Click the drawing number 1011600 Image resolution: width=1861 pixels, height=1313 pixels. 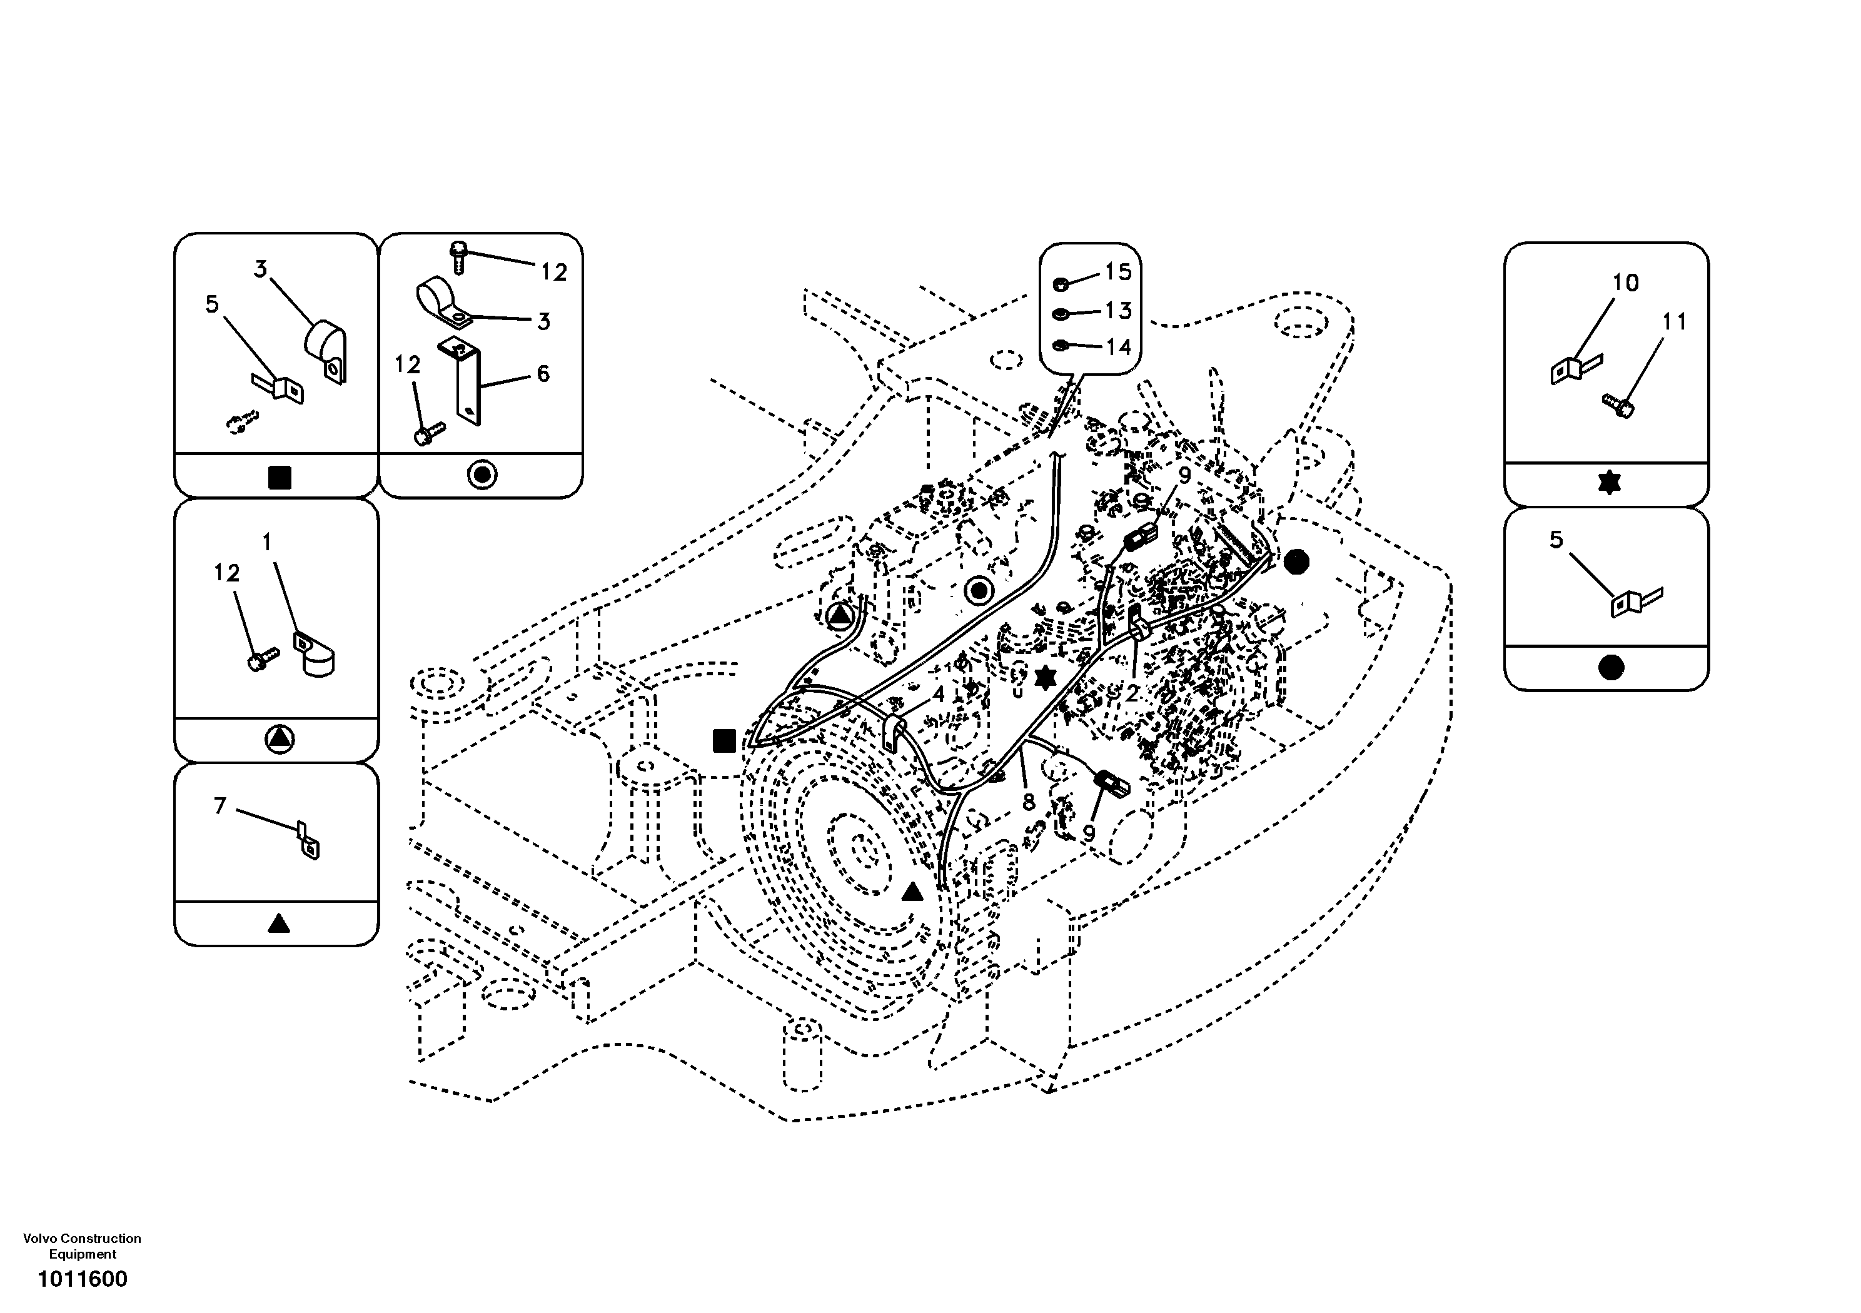pyautogui.click(x=82, y=1279)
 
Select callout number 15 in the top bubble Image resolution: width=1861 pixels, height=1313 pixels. pyautogui.click(x=1117, y=273)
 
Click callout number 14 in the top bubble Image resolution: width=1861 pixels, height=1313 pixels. pyautogui.click(x=1117, y=347)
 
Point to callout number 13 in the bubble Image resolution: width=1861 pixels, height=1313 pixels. pyautogui.click(x=1117, y=310)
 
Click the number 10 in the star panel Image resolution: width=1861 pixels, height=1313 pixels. pyautogui.click(x=1625, y=283)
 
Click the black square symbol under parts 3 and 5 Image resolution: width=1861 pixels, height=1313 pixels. pyautogui.click(x=279, y=478)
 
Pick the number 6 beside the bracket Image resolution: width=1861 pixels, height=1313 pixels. pyautogui.click(x=542, y=374)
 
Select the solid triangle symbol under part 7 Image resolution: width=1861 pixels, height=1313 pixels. pyautogui.click(x=278, y=923)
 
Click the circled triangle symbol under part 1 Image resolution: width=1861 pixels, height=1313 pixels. pyautogui.click(x=279, y=738)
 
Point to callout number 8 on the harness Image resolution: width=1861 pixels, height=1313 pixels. pyautogui.click(x=1029, y=802)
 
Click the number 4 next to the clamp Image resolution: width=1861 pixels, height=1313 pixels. pyautogui.click(x=938, y=695)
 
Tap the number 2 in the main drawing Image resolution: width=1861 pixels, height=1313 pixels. pyautogui.click(x=1131, y=693)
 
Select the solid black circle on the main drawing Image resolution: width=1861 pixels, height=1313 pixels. pyautogui.click(x=1296, y=561)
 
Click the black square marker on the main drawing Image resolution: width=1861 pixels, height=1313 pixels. pyautogui.click(x=724, y=741)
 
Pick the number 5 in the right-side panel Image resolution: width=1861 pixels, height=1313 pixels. pyautogui.click(x=1555, y=540)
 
